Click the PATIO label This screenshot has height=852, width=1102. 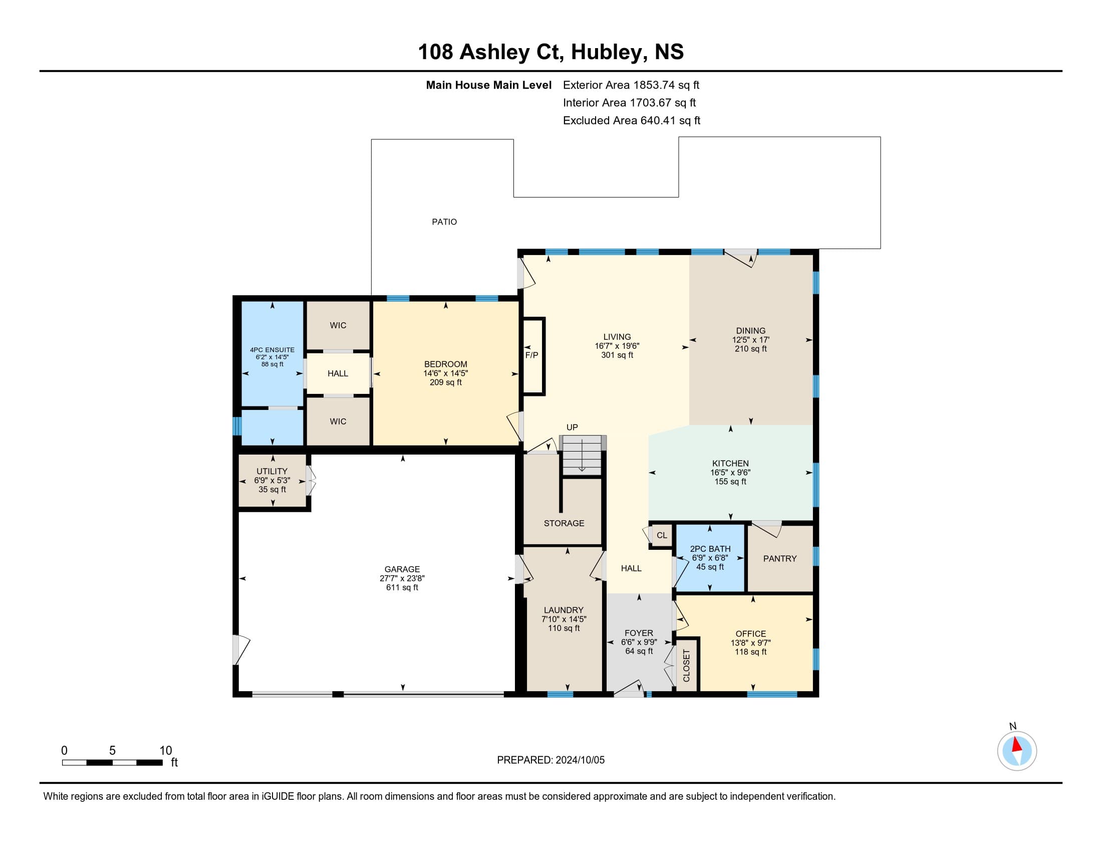pyautogui.click(x=444, y=222)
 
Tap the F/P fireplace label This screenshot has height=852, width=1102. pyautogui.click(x=532, y=355)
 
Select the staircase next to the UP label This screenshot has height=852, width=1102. pyautogui.click(x=582, y=455)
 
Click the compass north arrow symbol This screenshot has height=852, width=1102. pyautogui.click(x=1017, y=751)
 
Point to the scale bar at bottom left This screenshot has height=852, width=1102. pyautogui.click(x=112, y=762)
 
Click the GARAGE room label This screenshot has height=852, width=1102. pyautogui.click(x=402, y=569)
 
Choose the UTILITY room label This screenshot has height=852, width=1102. pyautogui.click(x=272, y=471)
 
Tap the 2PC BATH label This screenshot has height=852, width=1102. pyautogui.click(x=710, y=549)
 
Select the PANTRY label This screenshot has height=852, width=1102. pyautogui.click(x=779, y=558)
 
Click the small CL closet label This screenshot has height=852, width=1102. pyautogui.click(x=662, y=535)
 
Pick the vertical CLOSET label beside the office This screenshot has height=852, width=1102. pyautogui.click(x=686, y=666)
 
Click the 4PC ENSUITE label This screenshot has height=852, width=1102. pyautogui.click(x=272, y=350)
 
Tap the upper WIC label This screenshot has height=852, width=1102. pyautogui.click(x=338, y=325)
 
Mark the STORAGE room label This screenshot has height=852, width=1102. pyautogui.click(x=564, y=523)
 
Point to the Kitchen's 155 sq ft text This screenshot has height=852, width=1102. pyautogui.click(x=730, y=482)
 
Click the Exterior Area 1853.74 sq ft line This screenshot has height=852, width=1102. pyautogui.click(x=631, y=85)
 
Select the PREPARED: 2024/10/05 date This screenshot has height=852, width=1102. pyautogui.click(x=550, y=760)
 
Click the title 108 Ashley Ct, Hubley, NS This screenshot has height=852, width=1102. pyautogui.click(x=551, y=52)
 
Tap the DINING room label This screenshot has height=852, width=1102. pyautogui.click(x=750, y=331)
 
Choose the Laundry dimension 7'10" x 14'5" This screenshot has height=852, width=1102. pyautogui.click(x=564, y=619)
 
